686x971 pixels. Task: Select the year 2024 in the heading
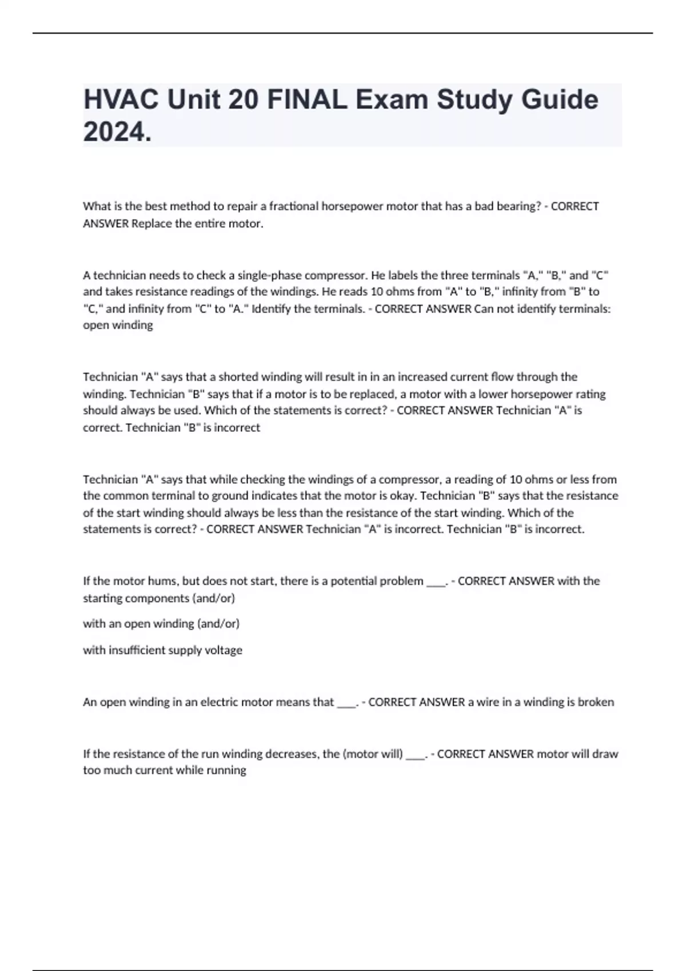(x=117, y=133)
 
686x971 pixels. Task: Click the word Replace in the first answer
(x=150, y=223)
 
